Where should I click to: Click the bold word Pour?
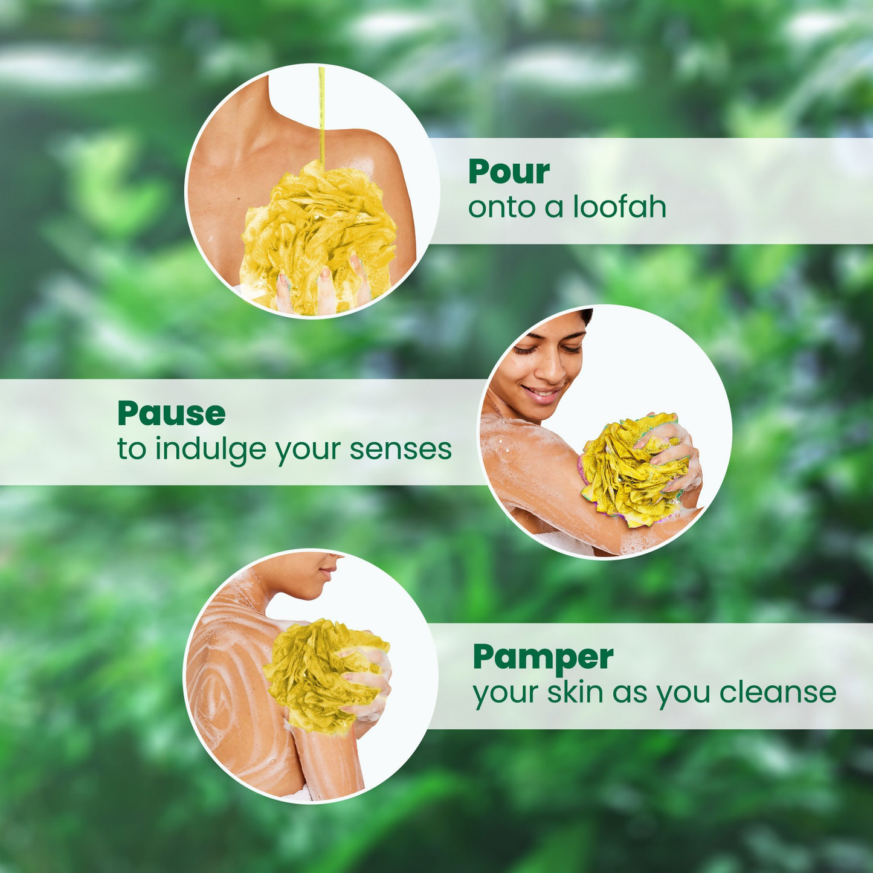pos(509,173)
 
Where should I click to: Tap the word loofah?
pos(619,207)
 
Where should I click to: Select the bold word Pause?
pos(171,414)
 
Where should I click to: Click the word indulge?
pos(210,450)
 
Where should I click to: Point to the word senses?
pos(401,449)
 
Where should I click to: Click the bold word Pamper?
pos(543,658)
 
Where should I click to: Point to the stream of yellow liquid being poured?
pos(322,115)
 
